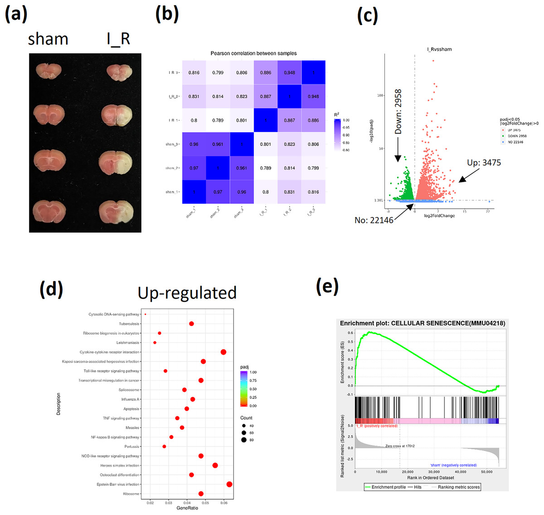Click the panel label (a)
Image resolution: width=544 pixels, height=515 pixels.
coord(16,15)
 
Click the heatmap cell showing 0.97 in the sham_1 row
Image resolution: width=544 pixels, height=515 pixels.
coord(218,192)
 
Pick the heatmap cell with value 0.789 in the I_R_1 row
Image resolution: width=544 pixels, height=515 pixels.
coord(218,120)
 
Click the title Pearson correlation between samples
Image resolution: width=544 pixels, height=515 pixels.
coord(253,53)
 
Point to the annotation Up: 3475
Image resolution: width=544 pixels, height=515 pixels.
coord(484,163)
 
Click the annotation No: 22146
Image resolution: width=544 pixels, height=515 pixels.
coord(374,220)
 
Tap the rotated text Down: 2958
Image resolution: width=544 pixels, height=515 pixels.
coord(398,112)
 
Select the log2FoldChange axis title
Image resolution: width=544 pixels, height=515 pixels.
coord(439,216)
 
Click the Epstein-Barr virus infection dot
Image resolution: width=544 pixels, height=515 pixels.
coord(229,484)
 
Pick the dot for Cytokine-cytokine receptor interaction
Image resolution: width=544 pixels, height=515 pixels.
coord(223,352)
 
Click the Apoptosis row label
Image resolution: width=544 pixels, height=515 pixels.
coord(131,409)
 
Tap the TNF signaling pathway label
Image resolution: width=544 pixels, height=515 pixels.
coord(121,418)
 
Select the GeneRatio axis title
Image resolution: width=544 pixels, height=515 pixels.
coord(187,508)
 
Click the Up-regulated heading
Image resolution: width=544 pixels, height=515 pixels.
coord(187,293)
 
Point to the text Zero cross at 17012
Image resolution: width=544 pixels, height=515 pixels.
coord(400,446)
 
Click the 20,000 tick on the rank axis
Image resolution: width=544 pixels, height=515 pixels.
coord(408,472)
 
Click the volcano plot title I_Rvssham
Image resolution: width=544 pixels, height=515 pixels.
coord(439,49)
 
